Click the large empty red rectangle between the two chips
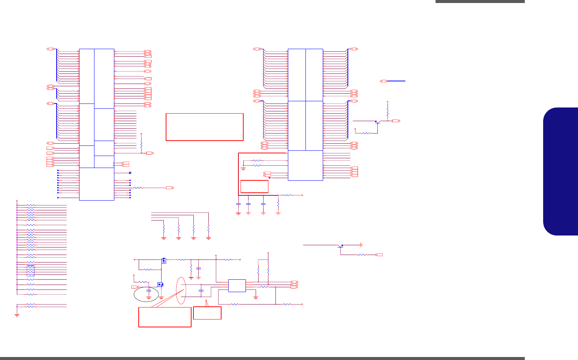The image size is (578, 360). [x=204, y=127]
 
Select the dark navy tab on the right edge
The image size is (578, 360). [x=561, y=171]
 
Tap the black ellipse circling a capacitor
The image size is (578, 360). [x=149, y=294]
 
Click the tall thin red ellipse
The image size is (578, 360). [x=181, y=291]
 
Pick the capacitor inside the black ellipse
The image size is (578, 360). [x=149, y=291]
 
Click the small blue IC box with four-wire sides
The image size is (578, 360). [x=237, y=286]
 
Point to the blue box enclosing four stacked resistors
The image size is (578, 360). [x=31, y=270]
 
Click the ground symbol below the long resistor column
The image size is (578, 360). [x=17, y=315]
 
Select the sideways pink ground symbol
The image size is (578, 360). [x=361, y=245]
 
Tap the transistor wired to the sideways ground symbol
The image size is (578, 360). [x=340, y=246]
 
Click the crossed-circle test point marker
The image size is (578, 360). [x=130, y=173]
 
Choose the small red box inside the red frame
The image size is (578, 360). [x=254, y=186]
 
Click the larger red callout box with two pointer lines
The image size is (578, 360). [x=165, y=317]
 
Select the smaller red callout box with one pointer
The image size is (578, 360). [x=207, y=313]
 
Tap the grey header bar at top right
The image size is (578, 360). [x=480, y=1]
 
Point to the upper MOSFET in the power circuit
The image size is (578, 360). [x=163, y=260]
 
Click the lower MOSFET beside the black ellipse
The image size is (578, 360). [x=161, y=285]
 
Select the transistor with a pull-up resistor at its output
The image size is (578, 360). [x=377, y=122]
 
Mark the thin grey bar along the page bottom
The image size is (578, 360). [x=262, y=358]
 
